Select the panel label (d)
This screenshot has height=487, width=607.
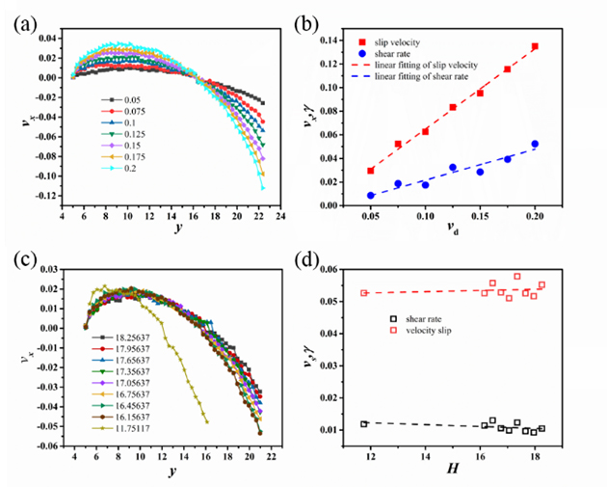(x=322, y=260)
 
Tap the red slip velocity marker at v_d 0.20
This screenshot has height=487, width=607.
(x=535, y=46)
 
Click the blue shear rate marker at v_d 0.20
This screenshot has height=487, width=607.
(x=535, y=144)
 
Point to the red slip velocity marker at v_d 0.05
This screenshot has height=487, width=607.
(x=371, y=171)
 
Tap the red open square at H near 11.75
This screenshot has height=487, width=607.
(x=364, y=293)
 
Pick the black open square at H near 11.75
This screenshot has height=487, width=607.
(x=364, y=423)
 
